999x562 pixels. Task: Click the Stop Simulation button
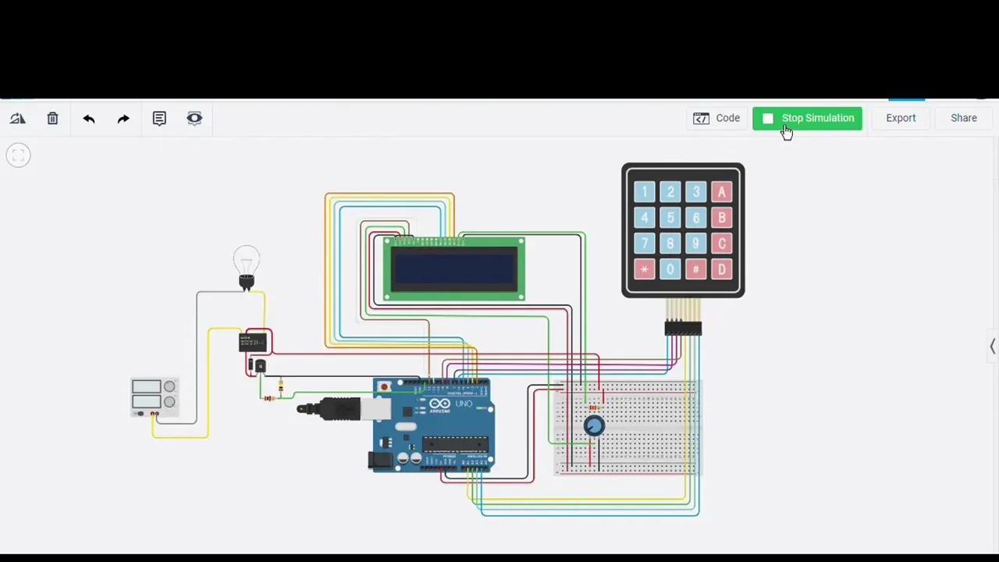click(808, 119)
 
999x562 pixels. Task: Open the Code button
click(716, 119)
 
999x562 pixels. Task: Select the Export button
click(901, 119)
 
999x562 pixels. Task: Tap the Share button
click(963, 119)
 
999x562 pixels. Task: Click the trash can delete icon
click(52, 119)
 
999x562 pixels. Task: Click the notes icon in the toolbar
click(159, 119)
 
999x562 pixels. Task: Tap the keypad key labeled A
click(721, 192)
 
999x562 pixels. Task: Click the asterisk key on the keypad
click(645, 270)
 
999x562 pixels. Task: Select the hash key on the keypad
click(695, 270)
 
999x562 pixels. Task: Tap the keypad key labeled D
click(721, 270)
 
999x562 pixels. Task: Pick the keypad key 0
click(670, 270)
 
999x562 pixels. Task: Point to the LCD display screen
click(454, 269)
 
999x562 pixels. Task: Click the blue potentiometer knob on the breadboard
click(594, 426)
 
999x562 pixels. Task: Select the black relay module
click(253, 342)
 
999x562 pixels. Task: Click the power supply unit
click(154, 397)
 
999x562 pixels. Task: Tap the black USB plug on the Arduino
click(329, 408)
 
